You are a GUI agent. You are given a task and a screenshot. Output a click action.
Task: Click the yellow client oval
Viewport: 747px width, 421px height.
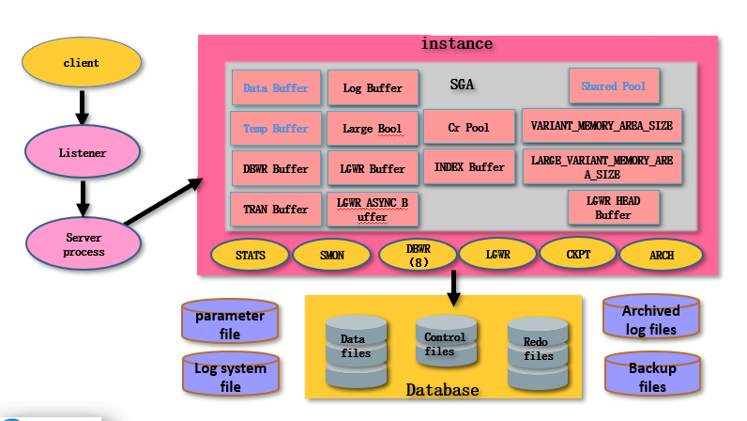pos(82,63)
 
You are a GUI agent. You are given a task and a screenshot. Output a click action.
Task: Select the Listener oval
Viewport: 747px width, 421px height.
pos(83,152)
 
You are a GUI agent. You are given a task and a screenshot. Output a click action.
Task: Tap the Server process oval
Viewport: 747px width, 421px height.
pos(84,244)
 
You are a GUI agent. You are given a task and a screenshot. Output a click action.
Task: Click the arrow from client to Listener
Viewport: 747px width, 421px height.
pos(82,106)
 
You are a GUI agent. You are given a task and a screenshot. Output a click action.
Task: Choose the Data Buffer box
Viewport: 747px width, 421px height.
pos(276,87)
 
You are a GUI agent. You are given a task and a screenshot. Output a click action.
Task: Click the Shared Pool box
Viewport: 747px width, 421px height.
pos(613,86)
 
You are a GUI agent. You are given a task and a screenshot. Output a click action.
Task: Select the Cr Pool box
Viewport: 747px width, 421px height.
pos(468,127)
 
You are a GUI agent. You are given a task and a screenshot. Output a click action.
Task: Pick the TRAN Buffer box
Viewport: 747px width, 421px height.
pos(276,209)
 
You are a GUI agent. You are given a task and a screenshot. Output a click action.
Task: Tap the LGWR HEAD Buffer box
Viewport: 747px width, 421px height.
pos(613,207)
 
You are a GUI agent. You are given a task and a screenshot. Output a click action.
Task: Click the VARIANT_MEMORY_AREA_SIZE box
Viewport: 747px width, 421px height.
pos(601,125)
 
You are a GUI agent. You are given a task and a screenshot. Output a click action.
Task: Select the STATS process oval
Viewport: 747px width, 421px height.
pos(251,254)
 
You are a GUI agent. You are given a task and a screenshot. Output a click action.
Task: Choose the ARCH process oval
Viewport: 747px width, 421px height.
pos(661,255)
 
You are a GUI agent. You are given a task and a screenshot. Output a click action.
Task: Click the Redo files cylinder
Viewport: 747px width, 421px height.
pos(538,351)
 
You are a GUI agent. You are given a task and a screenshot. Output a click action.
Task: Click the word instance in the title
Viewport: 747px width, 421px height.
pos(456,44)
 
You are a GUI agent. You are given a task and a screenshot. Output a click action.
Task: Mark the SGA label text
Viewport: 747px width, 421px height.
pos(462,85)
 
